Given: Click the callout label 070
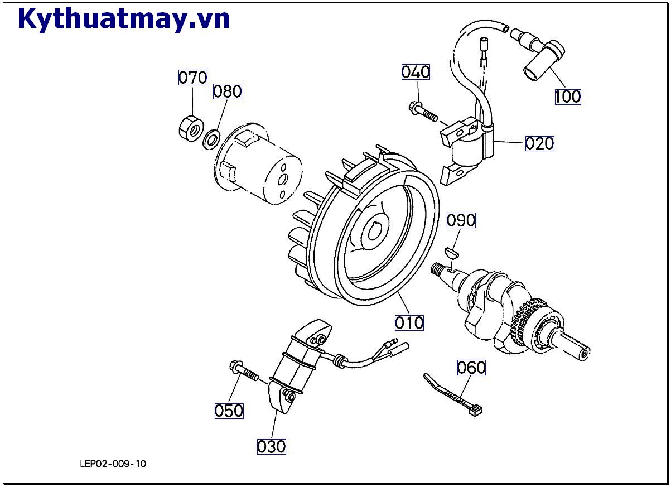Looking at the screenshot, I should [x=192, y=77].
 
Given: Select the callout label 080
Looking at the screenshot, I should [x=228, y=91].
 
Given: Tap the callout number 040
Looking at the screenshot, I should [x=416, y=72].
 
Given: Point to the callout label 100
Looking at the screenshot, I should [x=567, y=97].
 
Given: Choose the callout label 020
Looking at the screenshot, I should [x=539, y=143].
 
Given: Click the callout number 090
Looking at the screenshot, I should [x=461, y=220].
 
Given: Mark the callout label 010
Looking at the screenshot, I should [x=409, y=322].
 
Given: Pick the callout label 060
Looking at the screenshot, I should [x=471, y=368].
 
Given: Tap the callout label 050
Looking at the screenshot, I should [x=229, y=411].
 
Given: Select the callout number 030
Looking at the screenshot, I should [x=272, y=446].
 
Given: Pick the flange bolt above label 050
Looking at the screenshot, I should [x=243, y=370].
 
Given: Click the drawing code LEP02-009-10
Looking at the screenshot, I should [x=113, y=464].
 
